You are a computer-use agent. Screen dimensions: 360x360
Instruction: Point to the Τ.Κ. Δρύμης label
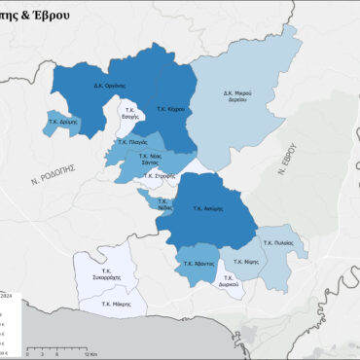click(x=61, y=124)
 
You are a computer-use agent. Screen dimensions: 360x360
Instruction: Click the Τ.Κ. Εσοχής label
click(x=127, y=113)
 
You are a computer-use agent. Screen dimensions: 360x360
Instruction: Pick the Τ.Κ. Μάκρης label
click(x=118, y=304)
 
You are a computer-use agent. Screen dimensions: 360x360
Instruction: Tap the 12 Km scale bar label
click(x=91, y=354)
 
